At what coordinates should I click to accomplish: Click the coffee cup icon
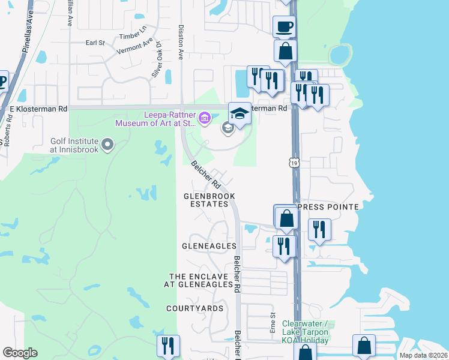[284, 27]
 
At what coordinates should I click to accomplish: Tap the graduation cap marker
[239, 113]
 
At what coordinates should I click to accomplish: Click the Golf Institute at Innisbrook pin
[108, 144]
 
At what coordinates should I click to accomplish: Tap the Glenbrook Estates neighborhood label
[209, 200]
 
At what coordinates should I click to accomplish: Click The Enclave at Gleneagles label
[200, 280]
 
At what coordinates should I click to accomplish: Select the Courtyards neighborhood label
[195, 308]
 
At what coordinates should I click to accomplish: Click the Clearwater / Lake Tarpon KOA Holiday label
[305, 332]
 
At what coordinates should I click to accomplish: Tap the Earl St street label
[95, 43]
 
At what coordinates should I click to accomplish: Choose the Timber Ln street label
[133, 34]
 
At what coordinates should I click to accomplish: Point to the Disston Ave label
[180, 42]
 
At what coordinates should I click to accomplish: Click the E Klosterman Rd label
[38, 109]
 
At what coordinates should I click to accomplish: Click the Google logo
[20, 353]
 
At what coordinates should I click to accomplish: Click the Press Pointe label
[328, 207]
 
